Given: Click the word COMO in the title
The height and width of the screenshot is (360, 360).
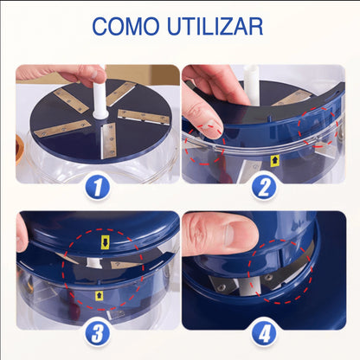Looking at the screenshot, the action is tap(125, 26).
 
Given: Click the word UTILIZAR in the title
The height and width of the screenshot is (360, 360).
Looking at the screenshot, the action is tap(215, 26).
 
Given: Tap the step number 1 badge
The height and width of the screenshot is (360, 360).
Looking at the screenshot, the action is tap(98, 187).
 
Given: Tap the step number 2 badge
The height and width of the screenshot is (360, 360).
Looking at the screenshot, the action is tap(264, 187).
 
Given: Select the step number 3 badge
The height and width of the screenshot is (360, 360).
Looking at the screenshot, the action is tap(98, 334).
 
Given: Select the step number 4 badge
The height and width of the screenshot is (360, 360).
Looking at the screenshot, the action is tap(264, 334).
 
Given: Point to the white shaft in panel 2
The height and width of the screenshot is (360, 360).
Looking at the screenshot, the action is tap(252, 85).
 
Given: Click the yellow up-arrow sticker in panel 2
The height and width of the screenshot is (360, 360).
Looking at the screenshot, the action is tap(273, 160).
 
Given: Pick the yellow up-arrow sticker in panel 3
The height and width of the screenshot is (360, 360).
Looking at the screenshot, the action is tap(99, 295).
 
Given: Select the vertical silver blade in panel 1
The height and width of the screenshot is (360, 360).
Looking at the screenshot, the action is tap(108, 140).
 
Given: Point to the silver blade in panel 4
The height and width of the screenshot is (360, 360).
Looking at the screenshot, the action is tap(249, 287).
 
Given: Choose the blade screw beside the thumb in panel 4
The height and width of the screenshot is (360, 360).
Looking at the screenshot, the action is tap(222, 287).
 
